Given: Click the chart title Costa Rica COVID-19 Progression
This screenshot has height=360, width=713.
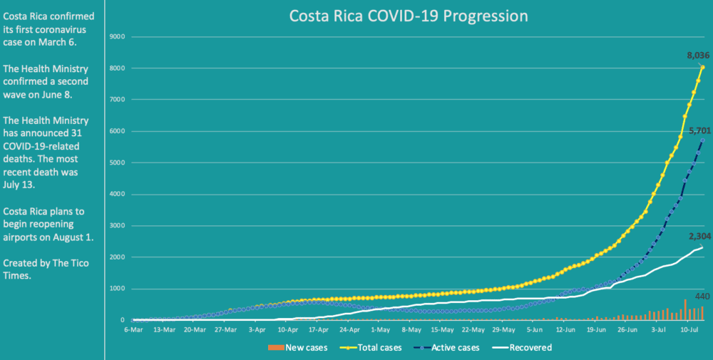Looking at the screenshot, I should [408, 16].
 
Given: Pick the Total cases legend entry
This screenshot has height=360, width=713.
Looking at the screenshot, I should [376, 348].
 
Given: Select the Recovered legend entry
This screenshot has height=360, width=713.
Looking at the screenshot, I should [528, 348].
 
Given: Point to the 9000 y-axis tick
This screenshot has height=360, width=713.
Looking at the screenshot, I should [118, 36].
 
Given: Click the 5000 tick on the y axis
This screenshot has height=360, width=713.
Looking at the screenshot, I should [118, 163].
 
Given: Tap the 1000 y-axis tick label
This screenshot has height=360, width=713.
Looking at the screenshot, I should [118, 289].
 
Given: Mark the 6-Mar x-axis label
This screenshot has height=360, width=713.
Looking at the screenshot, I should [133, 330].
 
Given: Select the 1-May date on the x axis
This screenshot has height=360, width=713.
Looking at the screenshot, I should [381, 330].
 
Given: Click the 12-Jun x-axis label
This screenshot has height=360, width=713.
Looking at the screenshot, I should [565, 330].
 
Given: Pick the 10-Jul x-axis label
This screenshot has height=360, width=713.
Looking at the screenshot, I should [689, 330].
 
